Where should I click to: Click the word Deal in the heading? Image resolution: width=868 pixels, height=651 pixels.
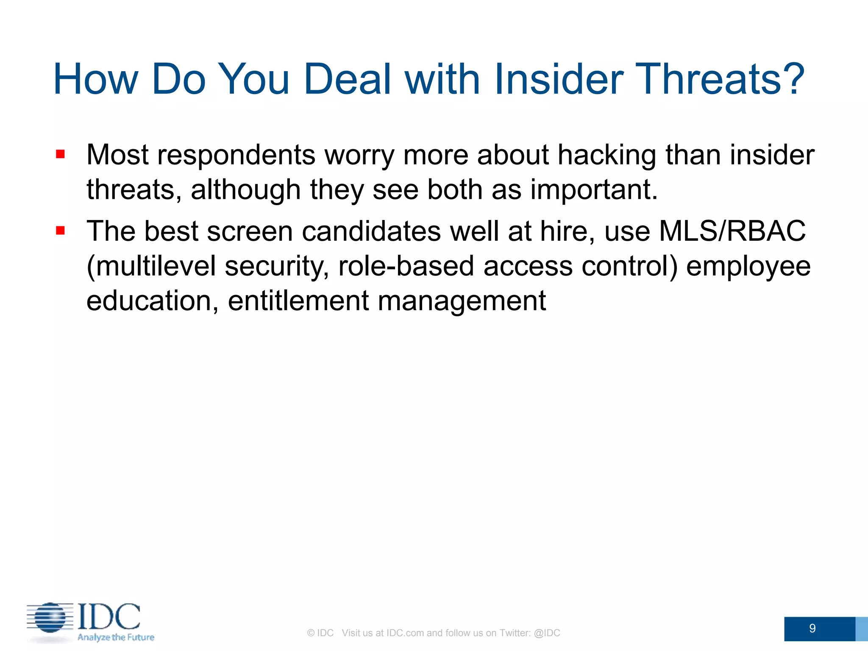tap(353, 79)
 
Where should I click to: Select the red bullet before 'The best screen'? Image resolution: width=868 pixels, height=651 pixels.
tap(60, 231)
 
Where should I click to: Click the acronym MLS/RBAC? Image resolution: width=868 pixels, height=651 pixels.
tap(732, 231)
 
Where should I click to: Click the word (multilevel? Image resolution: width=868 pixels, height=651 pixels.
tap(151, 267)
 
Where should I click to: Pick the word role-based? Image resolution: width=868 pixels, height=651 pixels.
tap(406, 267)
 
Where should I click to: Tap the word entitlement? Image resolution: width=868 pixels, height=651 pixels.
tap(298, 301)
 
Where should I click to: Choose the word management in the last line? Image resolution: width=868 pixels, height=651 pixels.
tap(462, 301)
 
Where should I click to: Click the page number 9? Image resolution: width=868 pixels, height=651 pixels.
tap(812, 628)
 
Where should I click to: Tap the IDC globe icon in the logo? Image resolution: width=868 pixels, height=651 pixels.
tap(50, 618)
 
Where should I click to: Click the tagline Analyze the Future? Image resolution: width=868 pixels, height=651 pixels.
tap(116, 637)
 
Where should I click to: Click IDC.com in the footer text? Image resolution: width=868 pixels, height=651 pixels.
tap(405, 633)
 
